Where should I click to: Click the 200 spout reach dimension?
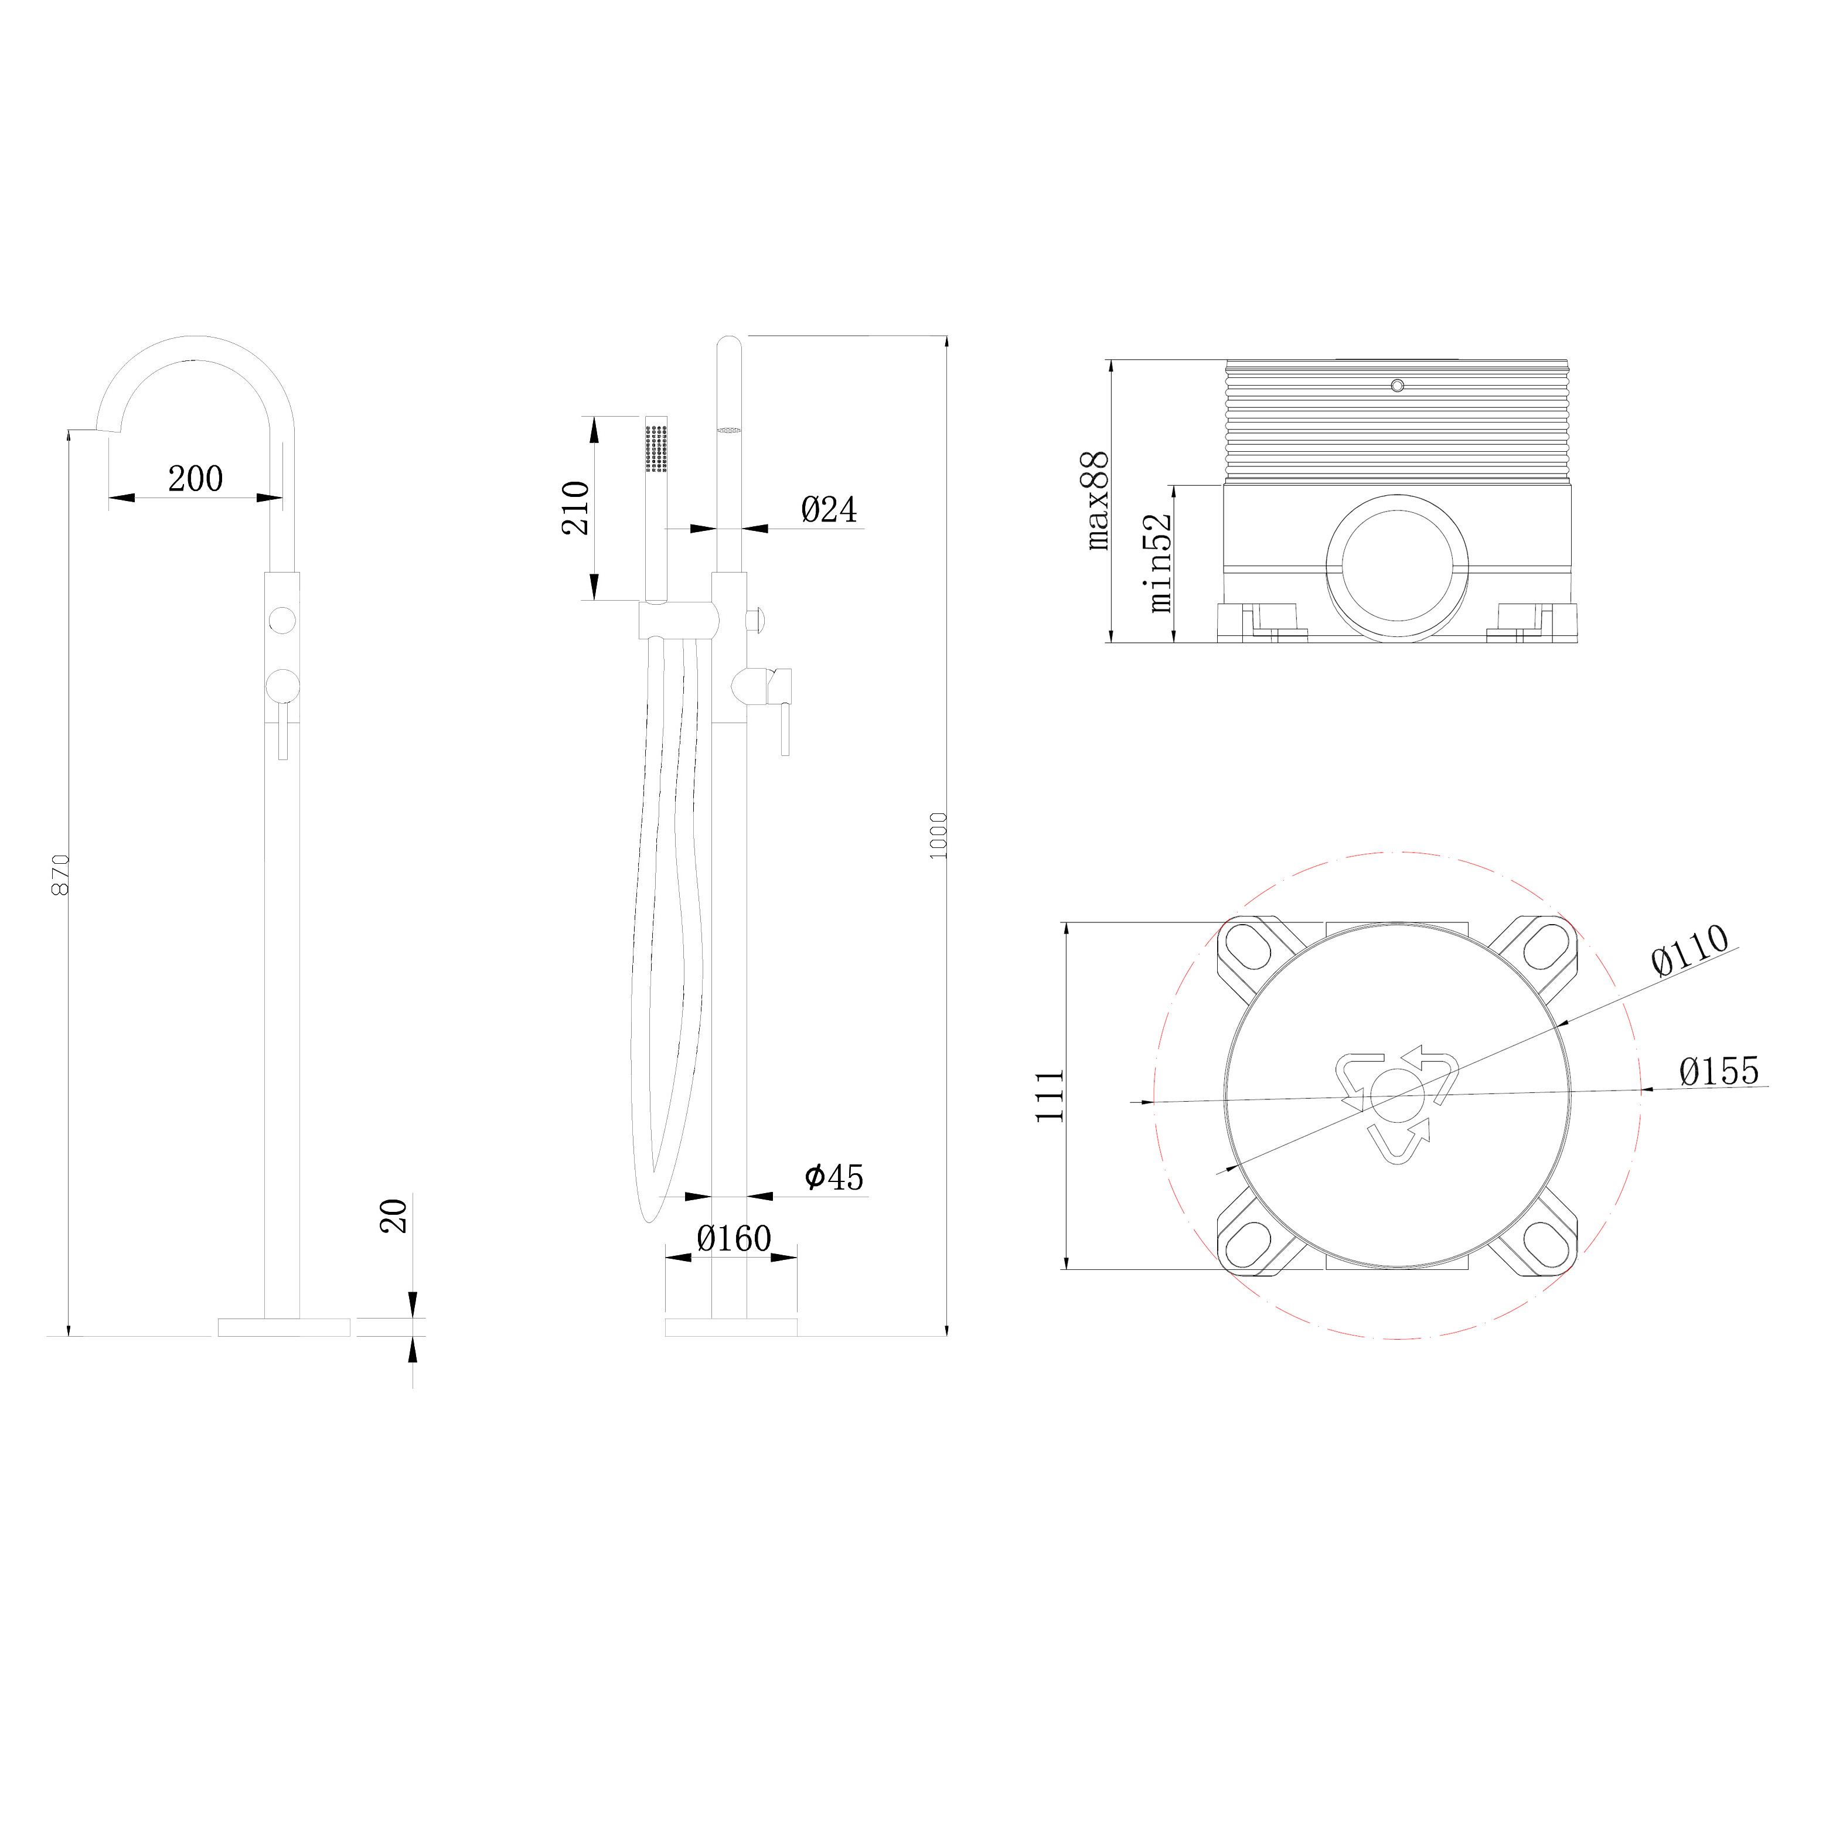(196, 479)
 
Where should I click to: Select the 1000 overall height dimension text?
(939, 836)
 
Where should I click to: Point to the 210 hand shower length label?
(575, 507)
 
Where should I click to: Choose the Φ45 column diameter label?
(834, 1178)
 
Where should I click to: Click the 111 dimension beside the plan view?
(1050, 1095)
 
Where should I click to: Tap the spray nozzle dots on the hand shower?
(656, 447)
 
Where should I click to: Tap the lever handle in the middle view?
(784, 728)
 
